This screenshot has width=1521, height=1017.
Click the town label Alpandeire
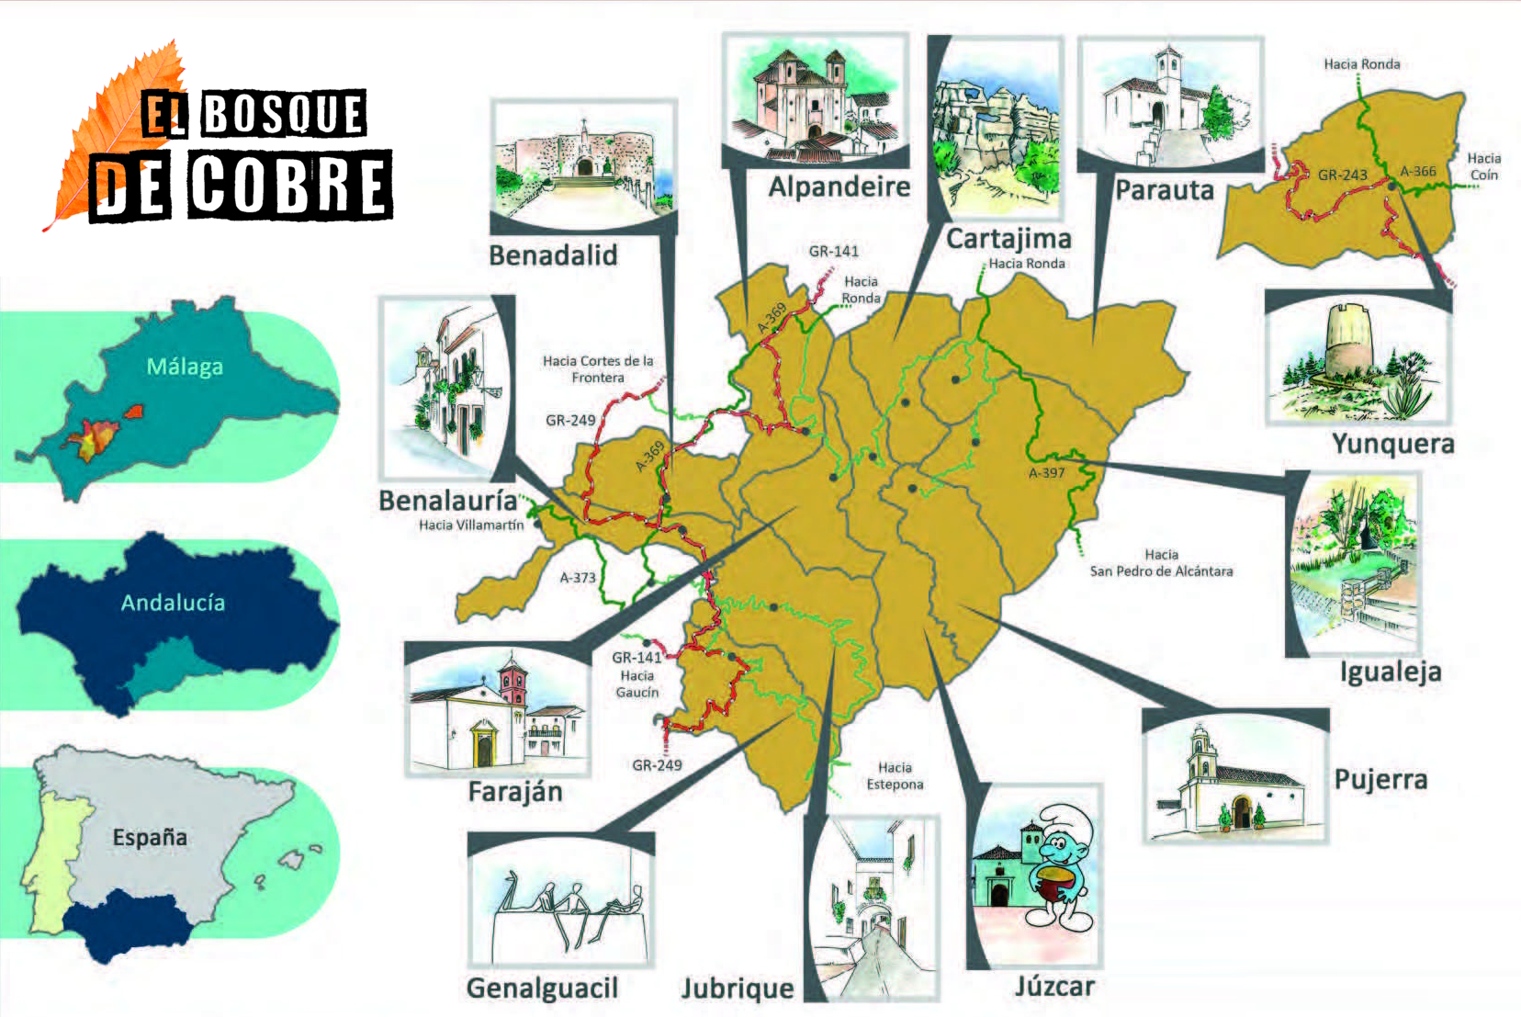tap(839, 186)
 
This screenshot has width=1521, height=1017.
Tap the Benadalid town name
tap(552, 254)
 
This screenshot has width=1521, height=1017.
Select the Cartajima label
tap(1008, 239)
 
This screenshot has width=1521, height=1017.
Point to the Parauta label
tap(1164, 190)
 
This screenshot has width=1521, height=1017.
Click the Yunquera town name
tap(1392, 444)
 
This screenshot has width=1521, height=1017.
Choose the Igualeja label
tap(1390, 672)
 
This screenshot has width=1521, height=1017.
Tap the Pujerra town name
tap(1380, 780)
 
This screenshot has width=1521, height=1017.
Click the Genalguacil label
tap(542, 988)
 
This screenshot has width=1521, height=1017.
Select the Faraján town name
tap(514, 792)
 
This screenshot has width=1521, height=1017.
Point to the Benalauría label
tap(447, 501)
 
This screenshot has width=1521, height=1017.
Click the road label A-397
tap(1046, 473)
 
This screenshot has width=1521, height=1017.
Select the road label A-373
tap(578, 578)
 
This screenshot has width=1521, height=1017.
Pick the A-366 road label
tap(1417, 171)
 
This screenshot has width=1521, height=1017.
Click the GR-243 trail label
tap(1342, 175)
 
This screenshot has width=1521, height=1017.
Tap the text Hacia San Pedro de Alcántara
tap(1161, 563)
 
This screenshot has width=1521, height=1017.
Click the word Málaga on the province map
tap(185, 367)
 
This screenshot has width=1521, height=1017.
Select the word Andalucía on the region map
tap(173, 603)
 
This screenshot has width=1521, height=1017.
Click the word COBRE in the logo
tap(290, 185)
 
